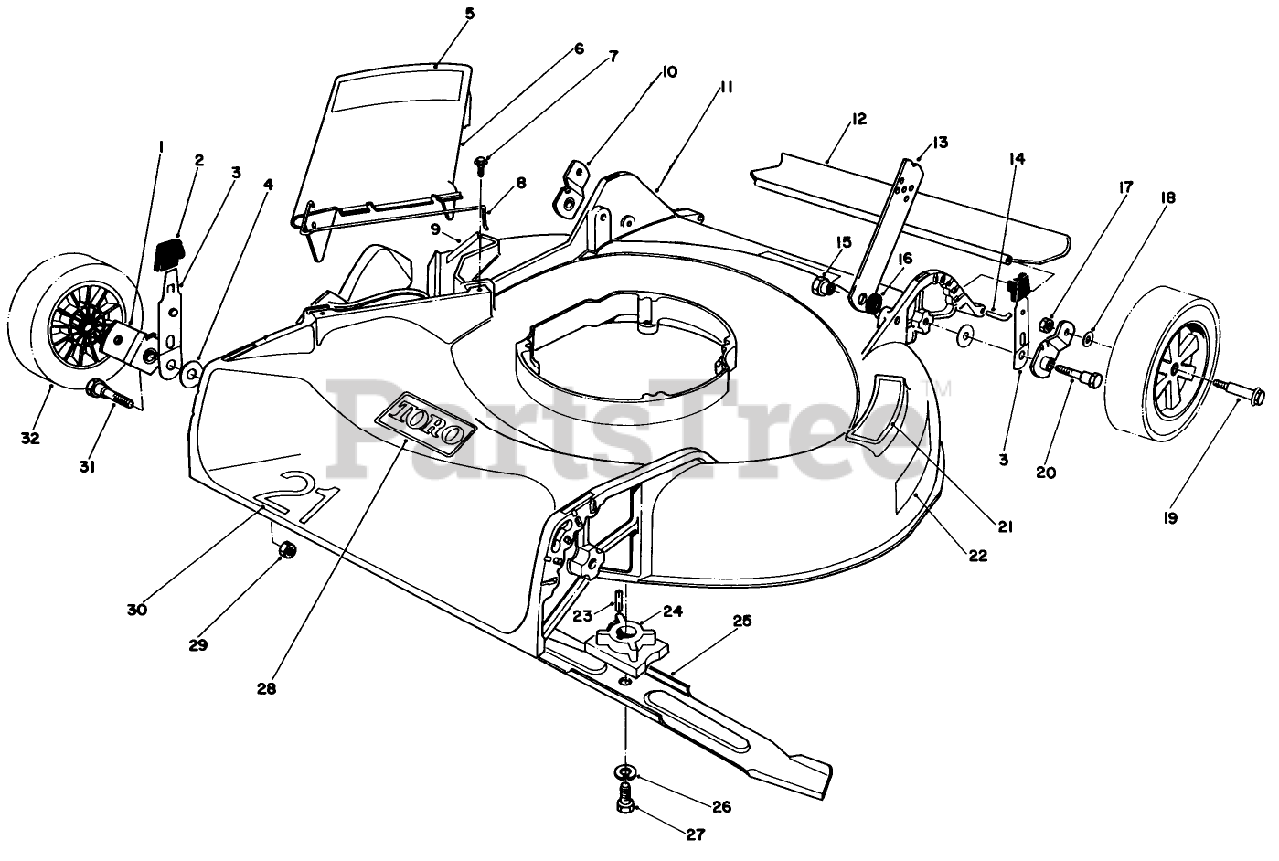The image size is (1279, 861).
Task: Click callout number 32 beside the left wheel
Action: (x=30, y=437)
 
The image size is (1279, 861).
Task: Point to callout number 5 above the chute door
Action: (x=442, y=14)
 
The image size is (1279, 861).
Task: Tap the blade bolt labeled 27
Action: (x=625, y=799)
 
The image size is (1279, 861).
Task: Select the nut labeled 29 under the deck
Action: (x=285, y=548)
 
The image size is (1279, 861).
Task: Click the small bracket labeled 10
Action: (x=570, y=188)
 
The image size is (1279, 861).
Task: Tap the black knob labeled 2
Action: (x=171, y=251)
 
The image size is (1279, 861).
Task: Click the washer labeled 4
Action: (x=190, y=374)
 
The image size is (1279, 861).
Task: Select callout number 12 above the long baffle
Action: (x=858, y=118)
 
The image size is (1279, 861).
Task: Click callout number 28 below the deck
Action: (x=266, y=687)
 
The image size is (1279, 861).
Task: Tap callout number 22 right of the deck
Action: (x=977, y=555)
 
